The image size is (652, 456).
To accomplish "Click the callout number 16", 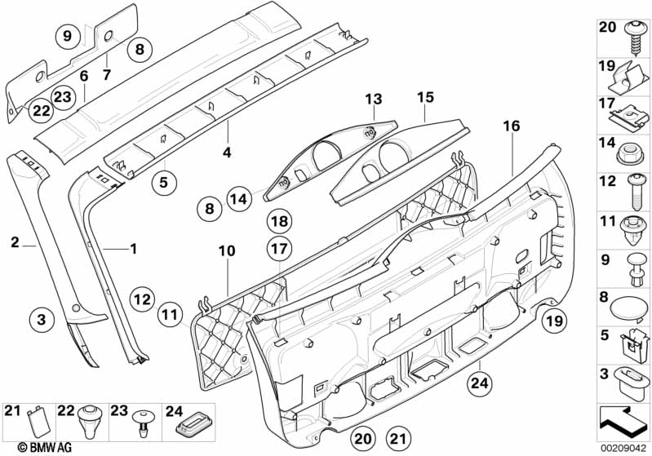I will [x=511, y=126].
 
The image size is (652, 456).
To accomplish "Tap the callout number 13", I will [x=373, y=100].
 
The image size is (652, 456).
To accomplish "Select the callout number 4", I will [x=227, y=152].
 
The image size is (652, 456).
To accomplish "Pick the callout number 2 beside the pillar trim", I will [x=16, y=242].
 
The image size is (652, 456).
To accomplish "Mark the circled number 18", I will [x=279, y=221].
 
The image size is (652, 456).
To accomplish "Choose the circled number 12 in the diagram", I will [x=142, y=299].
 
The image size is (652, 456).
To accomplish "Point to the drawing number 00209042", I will [x=625, y=447].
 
